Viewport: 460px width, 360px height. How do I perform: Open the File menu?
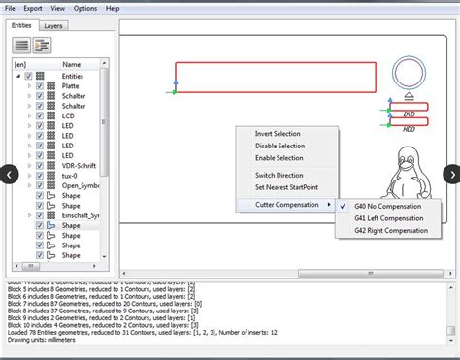pyautogui.click(x=9, y=8)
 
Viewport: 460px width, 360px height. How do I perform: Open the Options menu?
pyautogui.click(x=85, y=8)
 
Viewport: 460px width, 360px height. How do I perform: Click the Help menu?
pyautogui.click(x=113, y=8)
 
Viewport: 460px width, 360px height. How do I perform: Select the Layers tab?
pyautogui.click(x=54, y=25)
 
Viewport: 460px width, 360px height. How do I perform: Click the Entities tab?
pyautogui.click(x=21, y=25)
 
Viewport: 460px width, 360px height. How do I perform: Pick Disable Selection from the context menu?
pyautogui.click(x=279, y=146)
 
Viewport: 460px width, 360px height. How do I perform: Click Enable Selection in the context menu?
pyautogui.click(x=279, y=158)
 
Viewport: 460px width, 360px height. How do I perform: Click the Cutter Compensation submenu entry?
pyautogui.click(x=288, y=205)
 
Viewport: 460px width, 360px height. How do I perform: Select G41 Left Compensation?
pyautogui.click(x=389, y=218)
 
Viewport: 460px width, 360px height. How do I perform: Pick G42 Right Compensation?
pyautogui.click(x=390, y=231)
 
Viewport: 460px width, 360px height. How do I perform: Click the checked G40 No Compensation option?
pyautogui.click(x=387, y=206)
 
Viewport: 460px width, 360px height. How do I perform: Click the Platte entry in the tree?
pyautogui.click(x=72, y=86)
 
